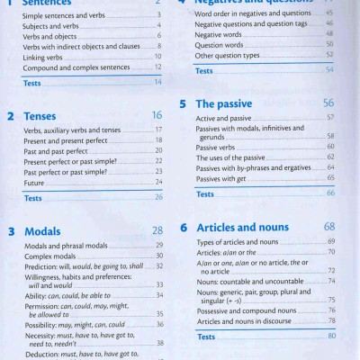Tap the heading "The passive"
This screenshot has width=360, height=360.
[229, 103]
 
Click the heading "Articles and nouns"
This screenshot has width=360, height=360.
[247, 228]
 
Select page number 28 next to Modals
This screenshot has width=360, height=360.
[157, 231]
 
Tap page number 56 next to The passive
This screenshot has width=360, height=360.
[328, 103]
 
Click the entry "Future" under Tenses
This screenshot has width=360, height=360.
[36, 182]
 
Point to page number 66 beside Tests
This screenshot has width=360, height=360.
[330, 193]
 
